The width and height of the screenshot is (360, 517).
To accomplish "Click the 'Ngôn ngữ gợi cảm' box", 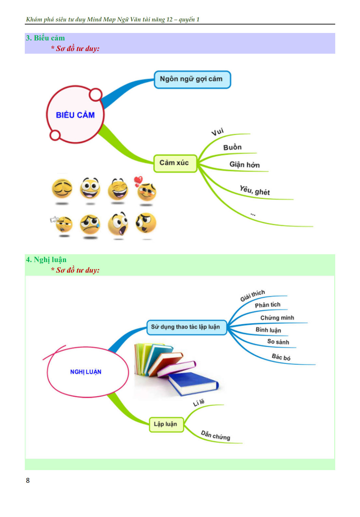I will (192, 80).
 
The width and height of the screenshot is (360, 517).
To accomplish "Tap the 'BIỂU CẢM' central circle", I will (75, 115).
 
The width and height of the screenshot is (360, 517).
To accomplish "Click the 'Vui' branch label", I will (217, 132).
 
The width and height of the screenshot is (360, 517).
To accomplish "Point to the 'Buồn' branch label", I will (232, 148).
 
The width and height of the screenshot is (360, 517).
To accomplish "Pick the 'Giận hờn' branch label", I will (245, 165).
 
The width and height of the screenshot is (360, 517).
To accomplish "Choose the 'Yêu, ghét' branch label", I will (255, 191).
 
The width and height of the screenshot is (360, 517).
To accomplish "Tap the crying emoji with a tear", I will (90, 225).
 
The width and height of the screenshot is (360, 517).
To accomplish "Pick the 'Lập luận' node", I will (166, 425).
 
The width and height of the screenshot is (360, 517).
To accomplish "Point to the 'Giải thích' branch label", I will (252, 295).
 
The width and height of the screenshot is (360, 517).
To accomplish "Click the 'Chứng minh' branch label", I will (277, 318).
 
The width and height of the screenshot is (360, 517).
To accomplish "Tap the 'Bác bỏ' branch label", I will (281, 357).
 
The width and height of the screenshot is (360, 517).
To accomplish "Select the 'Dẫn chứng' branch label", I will (215, 435).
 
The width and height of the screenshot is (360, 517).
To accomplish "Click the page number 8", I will (28, 480).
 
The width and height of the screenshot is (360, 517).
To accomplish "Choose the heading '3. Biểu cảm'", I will (45, 38).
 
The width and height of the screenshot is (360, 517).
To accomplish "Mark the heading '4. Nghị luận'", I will (46, 260).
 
